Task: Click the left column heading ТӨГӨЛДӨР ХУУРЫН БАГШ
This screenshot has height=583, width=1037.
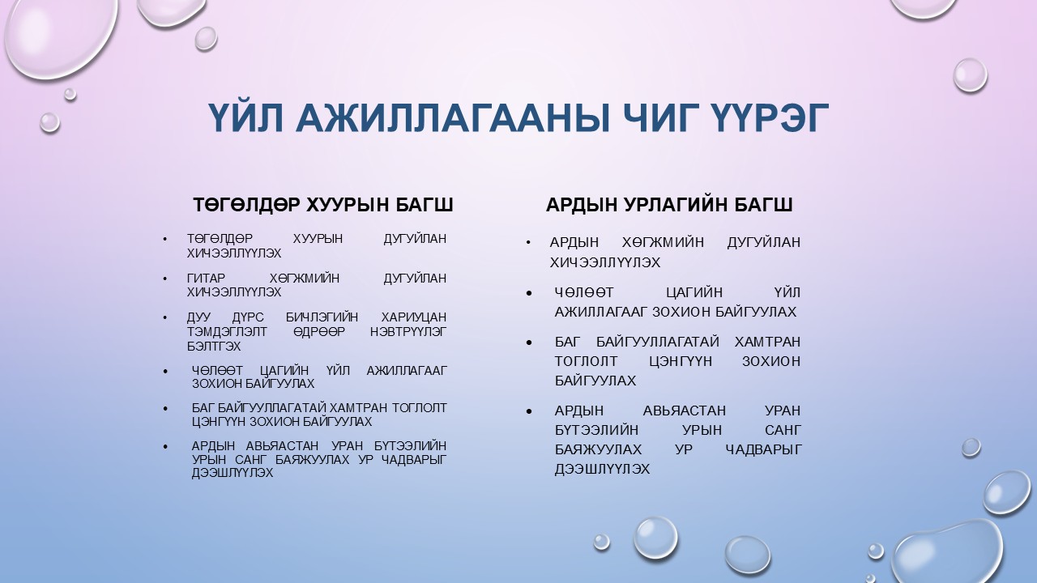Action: [322, 205]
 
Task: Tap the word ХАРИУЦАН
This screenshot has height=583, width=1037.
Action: [413, 317]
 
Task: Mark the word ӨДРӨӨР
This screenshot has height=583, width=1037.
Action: [316, 332]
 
